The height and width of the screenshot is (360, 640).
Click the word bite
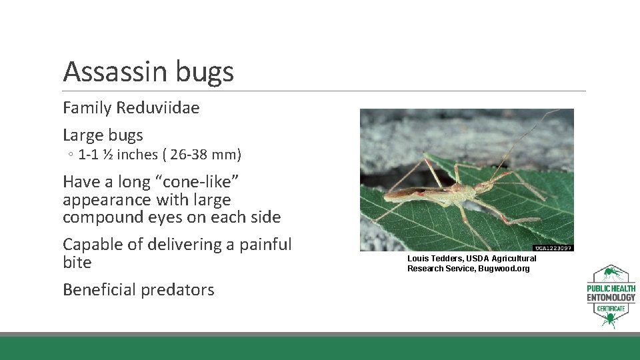coord(77,263)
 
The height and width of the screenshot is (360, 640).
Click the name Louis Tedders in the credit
coord(435,259)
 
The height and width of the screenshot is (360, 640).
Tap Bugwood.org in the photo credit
coord(505,269)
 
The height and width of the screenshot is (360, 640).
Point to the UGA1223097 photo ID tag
coord(553,248)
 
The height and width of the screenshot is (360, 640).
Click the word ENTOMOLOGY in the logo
coord(611,297)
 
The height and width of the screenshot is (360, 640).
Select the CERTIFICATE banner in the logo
coord(611,309)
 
